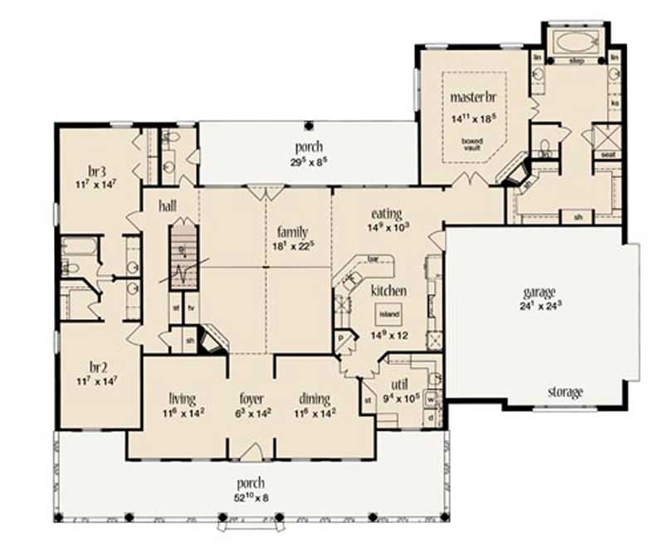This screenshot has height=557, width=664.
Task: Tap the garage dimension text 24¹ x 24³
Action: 539,304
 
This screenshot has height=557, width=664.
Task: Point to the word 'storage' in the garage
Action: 564,391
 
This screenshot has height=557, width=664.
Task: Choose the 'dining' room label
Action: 315,397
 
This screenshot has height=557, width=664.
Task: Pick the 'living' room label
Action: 182,397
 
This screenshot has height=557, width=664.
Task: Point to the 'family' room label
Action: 293,232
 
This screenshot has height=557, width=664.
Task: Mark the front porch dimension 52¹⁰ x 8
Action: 251,496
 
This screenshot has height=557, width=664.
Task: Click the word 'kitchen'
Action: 388,291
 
